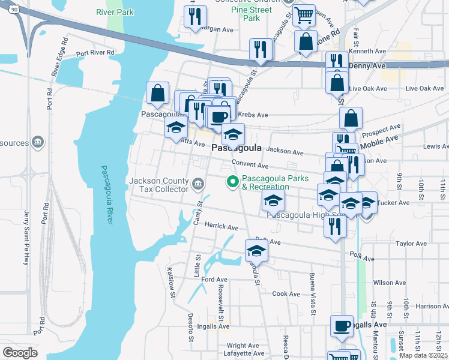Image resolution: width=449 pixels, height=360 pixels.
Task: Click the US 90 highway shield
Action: [5, 7]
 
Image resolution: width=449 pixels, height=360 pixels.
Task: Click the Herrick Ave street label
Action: [221, 227]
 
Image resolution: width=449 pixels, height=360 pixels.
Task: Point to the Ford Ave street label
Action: [214, 280]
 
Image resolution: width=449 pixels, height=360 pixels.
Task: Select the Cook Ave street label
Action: [286, 293]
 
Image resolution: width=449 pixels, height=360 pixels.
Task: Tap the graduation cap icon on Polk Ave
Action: [256, 250]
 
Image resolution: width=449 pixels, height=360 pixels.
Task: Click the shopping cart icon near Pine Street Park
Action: [305, 14]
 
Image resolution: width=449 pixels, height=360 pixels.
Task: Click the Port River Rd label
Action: [95, 53]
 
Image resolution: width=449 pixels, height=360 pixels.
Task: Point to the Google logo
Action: [20, 353]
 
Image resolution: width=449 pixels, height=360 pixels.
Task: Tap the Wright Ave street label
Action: [243, 346]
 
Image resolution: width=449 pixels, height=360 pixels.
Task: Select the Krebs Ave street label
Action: [253, 114]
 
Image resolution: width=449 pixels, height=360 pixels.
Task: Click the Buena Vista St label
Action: [313, 293]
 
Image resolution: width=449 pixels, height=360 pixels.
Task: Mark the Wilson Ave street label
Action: [390, 283]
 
